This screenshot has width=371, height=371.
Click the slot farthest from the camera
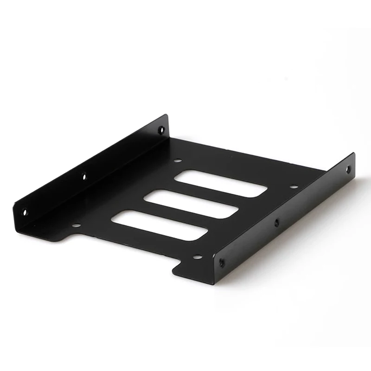click(221, 183)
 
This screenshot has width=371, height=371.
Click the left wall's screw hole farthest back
click(161, 130)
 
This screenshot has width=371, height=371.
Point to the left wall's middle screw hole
click(84, 176)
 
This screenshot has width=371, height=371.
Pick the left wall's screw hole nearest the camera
click(25, 212)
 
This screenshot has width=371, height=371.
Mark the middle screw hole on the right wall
click(277, 222)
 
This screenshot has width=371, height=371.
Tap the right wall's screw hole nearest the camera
click(222, 262)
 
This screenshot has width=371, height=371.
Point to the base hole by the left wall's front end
click(76, 225)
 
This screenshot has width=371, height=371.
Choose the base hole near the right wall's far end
click(293, 187)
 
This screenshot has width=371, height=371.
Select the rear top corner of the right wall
click(353, 154)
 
